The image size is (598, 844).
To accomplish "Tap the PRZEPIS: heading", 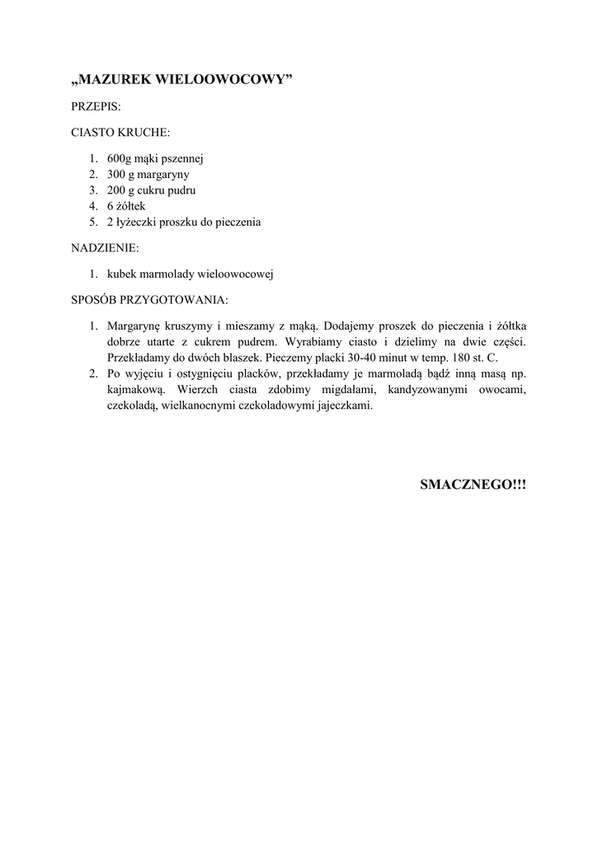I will (97, 106).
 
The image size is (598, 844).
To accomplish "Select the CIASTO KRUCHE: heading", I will (121, 132).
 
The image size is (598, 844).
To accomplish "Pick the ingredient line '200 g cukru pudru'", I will (151, 190).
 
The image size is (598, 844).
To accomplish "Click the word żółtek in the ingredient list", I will (133, 206).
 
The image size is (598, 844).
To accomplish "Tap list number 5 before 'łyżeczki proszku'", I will (93, 223).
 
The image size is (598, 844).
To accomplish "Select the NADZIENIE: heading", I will (106, 247).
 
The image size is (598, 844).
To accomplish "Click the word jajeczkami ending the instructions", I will (343, 406).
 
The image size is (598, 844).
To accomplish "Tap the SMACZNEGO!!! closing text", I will (473, 485).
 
